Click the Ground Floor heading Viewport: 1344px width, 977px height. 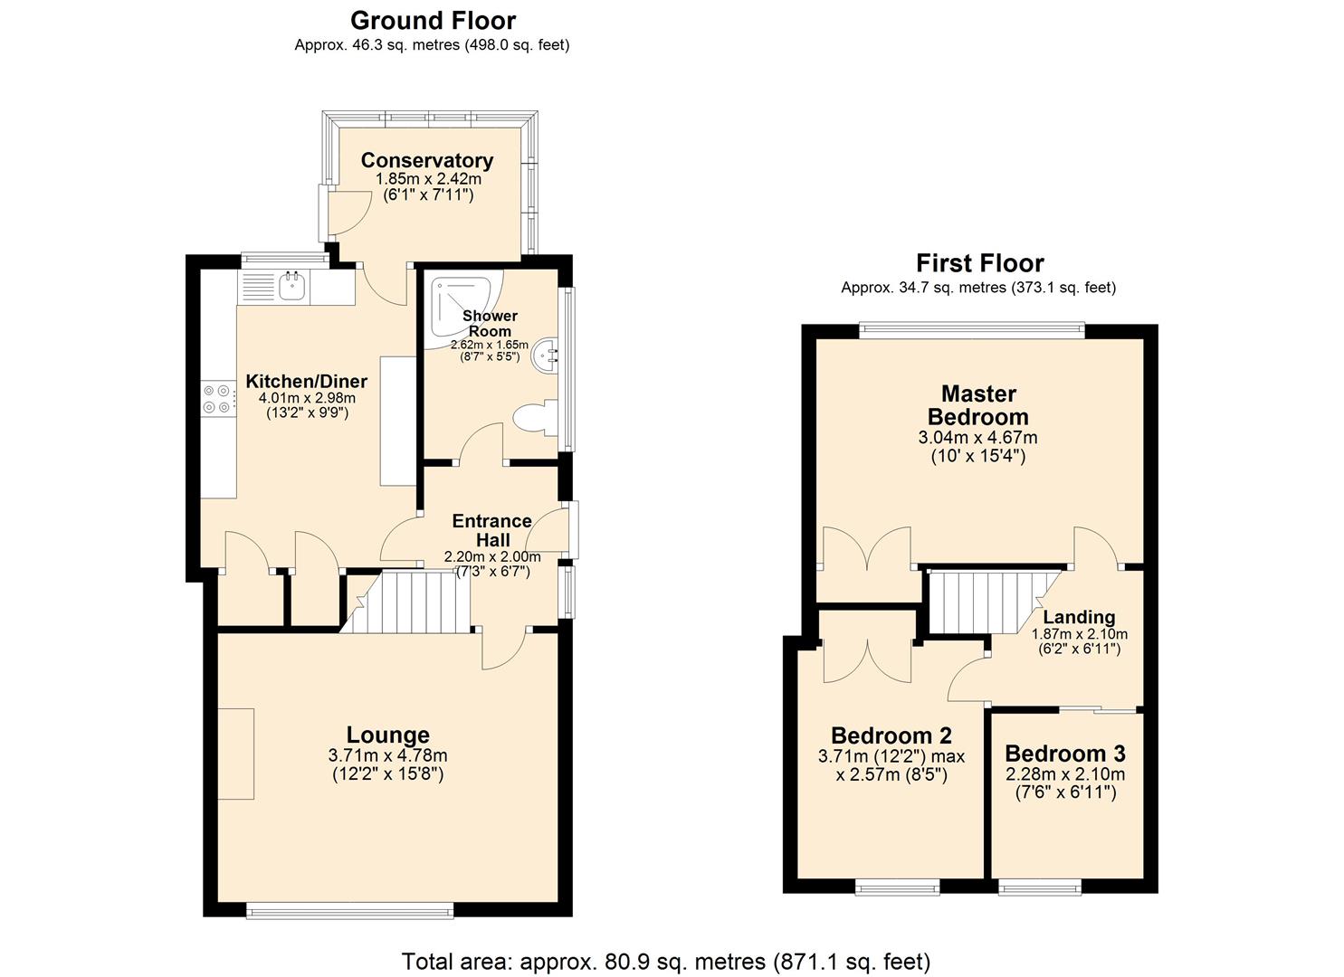(x=433, y=20)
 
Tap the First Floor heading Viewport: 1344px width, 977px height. (x=979, y=263)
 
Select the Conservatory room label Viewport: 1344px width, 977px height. (x=426, y=160)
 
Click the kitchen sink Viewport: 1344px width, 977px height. (x=292, y=286)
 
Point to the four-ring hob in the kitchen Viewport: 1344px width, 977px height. (x=216, y=399)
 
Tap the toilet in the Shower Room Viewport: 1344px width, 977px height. (x=534, y=419)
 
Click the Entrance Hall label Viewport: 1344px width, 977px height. (x=491, y=530)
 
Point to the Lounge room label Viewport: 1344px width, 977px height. (x=387, y=735)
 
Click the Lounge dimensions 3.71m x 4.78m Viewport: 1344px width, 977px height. (x=387, y=756)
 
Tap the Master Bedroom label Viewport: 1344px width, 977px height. (x=978, y=405)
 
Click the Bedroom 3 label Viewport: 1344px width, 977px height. (x=1064, y=754)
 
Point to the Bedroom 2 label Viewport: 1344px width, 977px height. (x=891, y=735)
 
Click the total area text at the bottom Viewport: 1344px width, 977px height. (x=665, y=961)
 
